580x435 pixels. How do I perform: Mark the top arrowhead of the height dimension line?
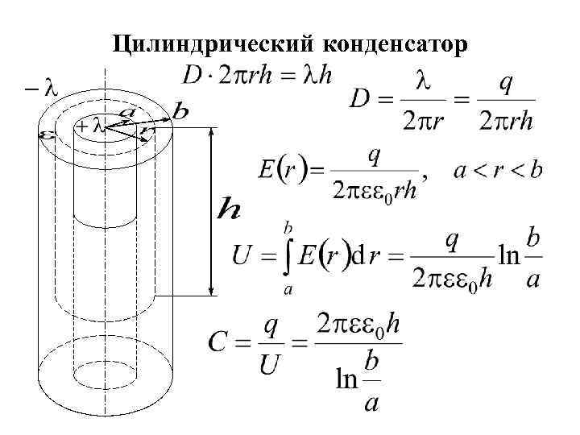(x=212, y=130)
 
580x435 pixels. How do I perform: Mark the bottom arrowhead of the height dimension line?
(x=212, y=292)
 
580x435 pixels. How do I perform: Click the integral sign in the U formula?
(x=285, y=257)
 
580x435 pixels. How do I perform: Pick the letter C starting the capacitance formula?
(x=217, y=342)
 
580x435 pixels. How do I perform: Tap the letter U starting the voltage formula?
(x=242, y=257)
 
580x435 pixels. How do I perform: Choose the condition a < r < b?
(x=498, y=171)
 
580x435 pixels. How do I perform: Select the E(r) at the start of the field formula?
(x=281, y=171)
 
